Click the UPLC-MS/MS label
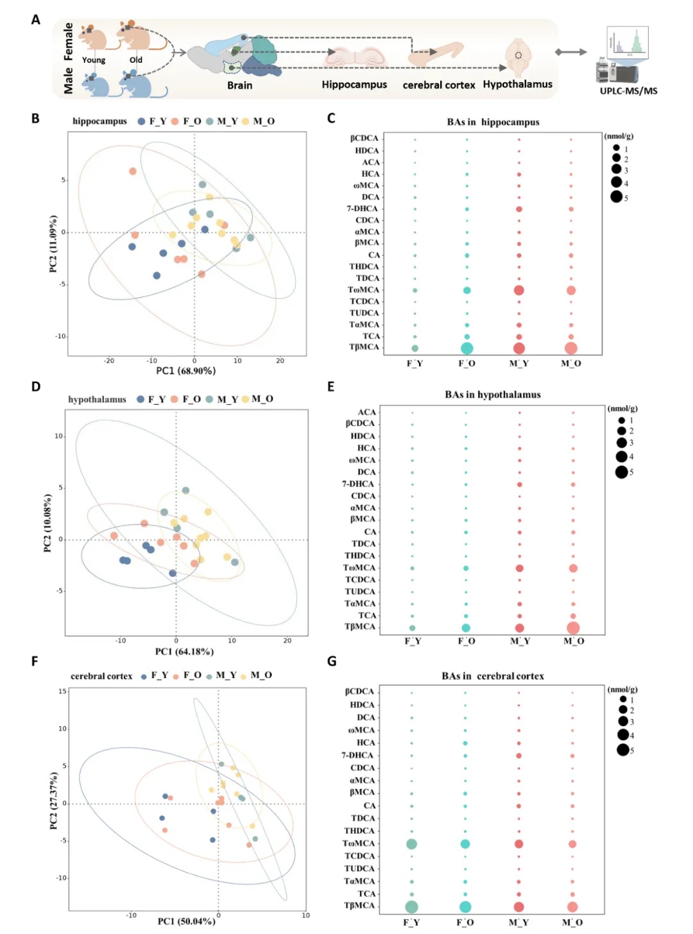pyautogui.click(x=628, y=90)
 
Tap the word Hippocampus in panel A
pyautogui.click(x=354, y=84)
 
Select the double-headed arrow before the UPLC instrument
pyautogui.click(x=570, y=52)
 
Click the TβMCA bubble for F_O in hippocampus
pyautogui.click(x=466, y=348)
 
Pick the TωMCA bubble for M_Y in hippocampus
pyautogui.click(x=518, y=290)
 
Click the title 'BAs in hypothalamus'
pyautogui.click(x=492, y=395)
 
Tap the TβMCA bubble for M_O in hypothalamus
pyautogui.click(x=573, y=628)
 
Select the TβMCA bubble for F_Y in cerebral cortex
pyautogui.click(x=411, y=907)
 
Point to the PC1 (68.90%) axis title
pyautogui.click(x=186, y=371)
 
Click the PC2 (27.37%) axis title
pyautogui.click(x=53, y=801)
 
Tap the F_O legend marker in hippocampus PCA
pyautogui.click(x=175, y=122)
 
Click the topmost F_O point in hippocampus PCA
pyautogui.click(x=133, y=171)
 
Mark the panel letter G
pyautogui.click(x=332, y=661)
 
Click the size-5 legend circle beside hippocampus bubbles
pyautogui.click(x=617, y=197)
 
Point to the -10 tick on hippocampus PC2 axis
pyautogui.click(x=61, y=336)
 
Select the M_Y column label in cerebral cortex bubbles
pyautogui.click(x=518, y=922)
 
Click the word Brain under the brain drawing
pyautogui.click(x=240, y=85)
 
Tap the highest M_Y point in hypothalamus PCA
pyautogui.click(x=185, y=491)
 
